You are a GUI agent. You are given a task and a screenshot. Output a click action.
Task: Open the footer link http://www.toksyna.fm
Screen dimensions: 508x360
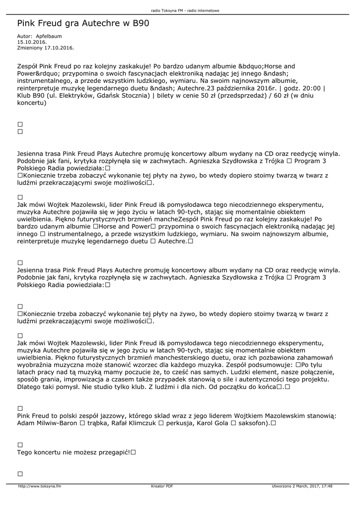[x=39, y=486]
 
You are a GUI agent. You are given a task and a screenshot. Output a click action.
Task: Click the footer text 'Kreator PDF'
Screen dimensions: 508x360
[x=162, y=486]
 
